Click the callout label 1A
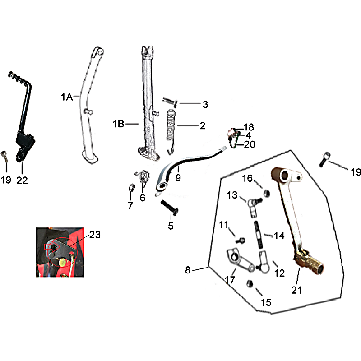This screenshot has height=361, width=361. pos(67,97)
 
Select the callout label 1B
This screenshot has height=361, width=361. pos(118,124)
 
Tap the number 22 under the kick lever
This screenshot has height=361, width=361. pos(22,180)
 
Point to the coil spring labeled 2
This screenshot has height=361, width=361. pos(171,131)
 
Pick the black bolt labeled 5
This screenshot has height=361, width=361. pos(170,207)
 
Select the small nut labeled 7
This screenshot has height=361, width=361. pos(131,188)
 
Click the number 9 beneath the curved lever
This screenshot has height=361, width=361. pos(178,177)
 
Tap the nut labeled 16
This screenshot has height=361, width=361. pos(267,193)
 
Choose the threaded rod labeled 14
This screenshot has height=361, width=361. pos(258,234)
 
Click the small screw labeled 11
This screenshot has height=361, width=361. pos(240,241)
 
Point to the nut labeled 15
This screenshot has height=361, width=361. pos(250,283)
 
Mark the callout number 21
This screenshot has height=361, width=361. pos(296,290)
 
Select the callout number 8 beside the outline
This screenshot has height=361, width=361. pos(188,270)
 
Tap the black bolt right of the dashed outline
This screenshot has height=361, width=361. pos(324,159)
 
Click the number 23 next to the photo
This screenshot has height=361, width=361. pos(95,235)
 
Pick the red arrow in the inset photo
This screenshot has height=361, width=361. pos(52,246)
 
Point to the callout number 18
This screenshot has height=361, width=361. pos(249,127)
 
